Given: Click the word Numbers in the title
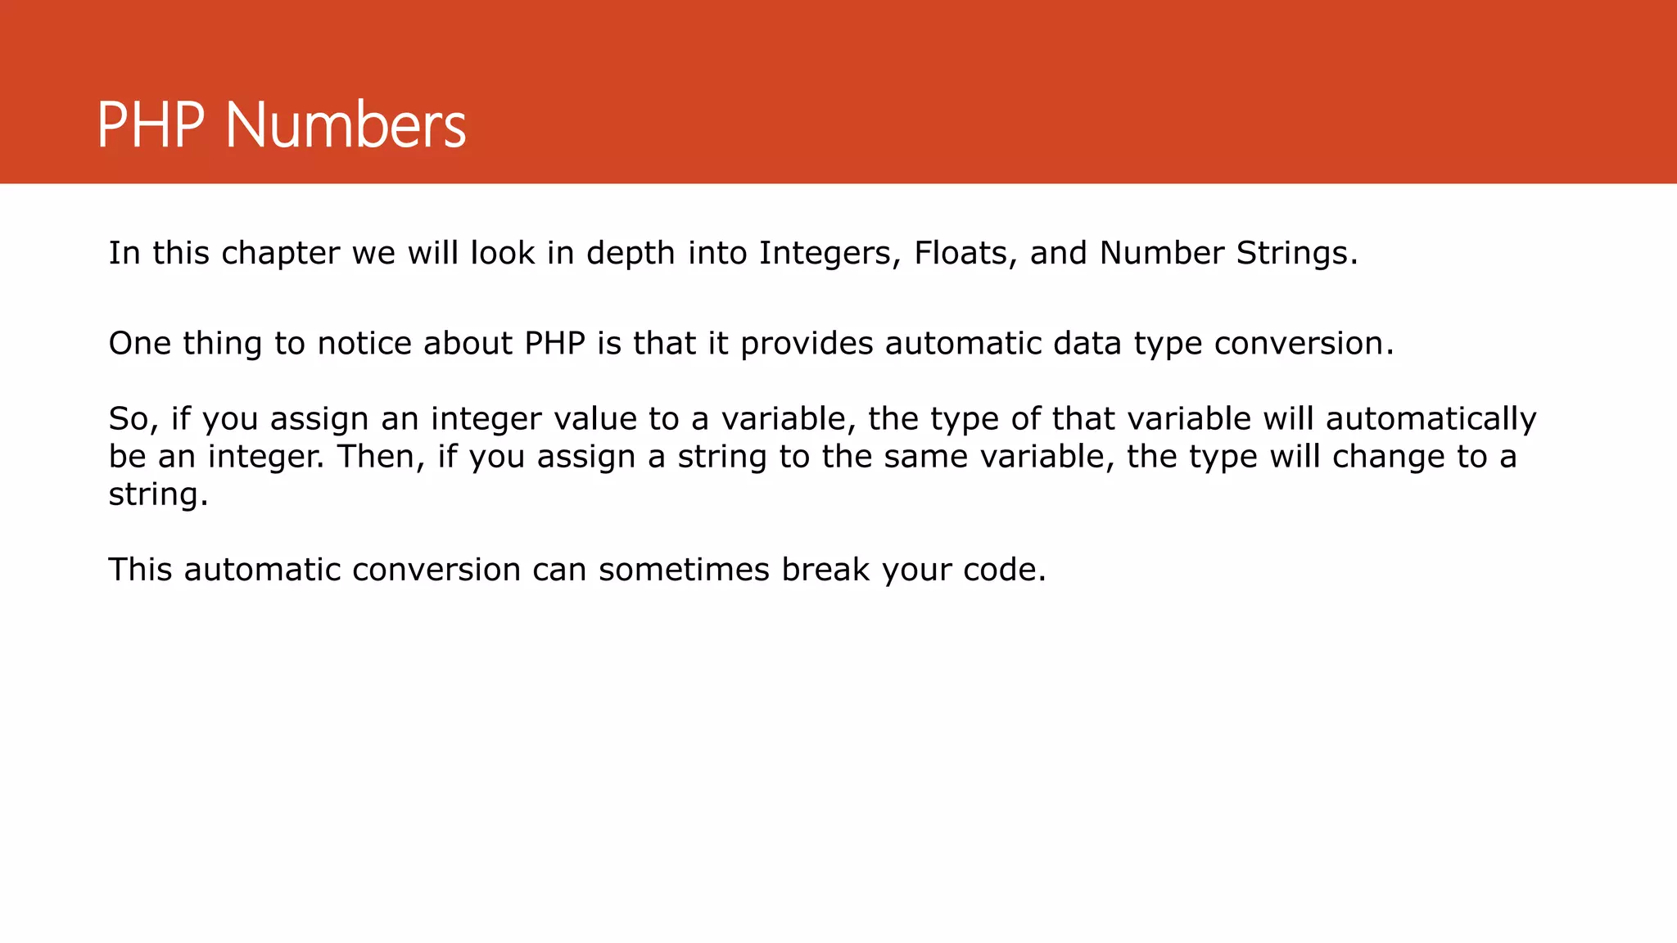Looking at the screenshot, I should tap(345, 125).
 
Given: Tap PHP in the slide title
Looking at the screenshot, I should tap(150, 125).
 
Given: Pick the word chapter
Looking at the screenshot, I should tap(280, 253).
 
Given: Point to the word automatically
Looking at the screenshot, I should tap(1431, 418).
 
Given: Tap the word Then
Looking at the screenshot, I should tap(378, 456).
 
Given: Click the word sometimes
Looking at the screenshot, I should tap(684, 570).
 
